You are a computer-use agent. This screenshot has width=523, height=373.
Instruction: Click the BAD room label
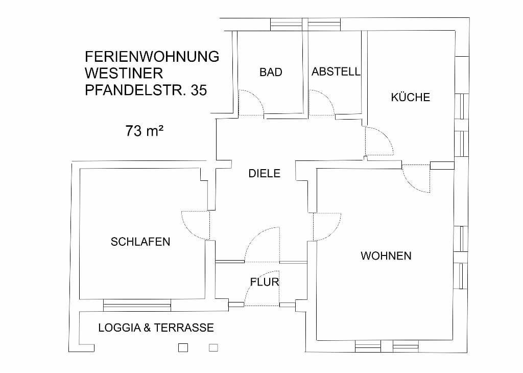click(x=271, y=72)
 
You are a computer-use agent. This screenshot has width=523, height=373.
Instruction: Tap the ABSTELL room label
click(x=336, y=72)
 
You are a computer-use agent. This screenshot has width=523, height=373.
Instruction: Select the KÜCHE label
click(x=411, y=97)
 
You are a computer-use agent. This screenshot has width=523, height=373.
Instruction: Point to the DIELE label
click(x=264, y=174)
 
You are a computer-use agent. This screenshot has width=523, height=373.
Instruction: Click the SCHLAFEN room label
click(x=140, y=242)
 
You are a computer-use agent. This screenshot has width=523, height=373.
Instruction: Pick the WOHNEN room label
click(x=386, y=255)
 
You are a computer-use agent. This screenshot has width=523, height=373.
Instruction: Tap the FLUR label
click(x=265, y=282)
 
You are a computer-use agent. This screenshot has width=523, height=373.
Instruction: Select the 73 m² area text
click(x=144, y=131)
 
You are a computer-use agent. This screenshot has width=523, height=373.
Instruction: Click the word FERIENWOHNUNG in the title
click(x=152, y=56)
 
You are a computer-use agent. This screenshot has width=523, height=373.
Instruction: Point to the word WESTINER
click(x=124, y=74)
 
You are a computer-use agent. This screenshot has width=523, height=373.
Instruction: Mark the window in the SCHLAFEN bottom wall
click(x=137, y=306)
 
